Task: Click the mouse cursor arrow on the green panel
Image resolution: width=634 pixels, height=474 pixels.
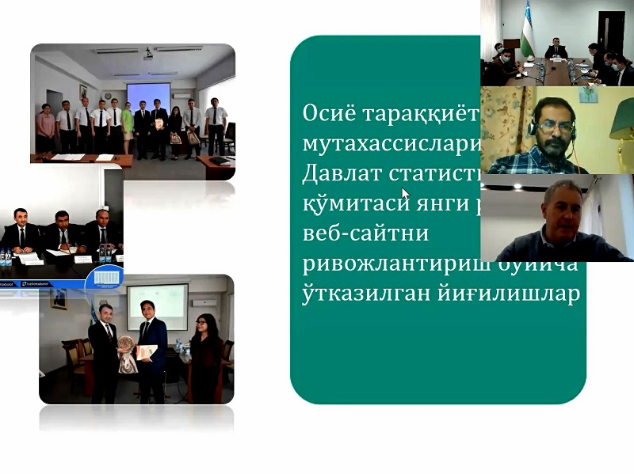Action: (405, 192)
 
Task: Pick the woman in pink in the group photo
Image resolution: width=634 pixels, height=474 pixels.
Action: (46, 129)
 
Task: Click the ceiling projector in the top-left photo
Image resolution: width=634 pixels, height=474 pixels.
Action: (147, 55)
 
